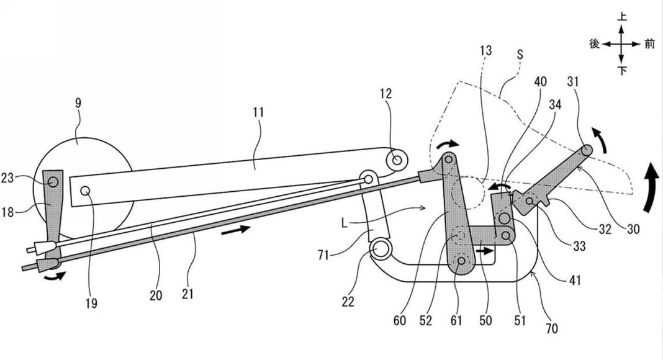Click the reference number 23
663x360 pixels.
[x=7, y=178]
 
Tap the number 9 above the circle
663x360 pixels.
[x=78, y=103]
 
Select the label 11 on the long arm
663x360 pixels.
[x=258, y=112]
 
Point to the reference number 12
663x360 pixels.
[x=386, y=93]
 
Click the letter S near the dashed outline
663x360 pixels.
[x=520, y=54]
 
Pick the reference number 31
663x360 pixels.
[x=573, y=81]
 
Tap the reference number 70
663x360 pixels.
[x=552, y=328]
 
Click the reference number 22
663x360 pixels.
[x=348, y=302]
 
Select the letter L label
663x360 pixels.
[x=345, y=223]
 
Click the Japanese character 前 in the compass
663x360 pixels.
[x=649, y=44]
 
